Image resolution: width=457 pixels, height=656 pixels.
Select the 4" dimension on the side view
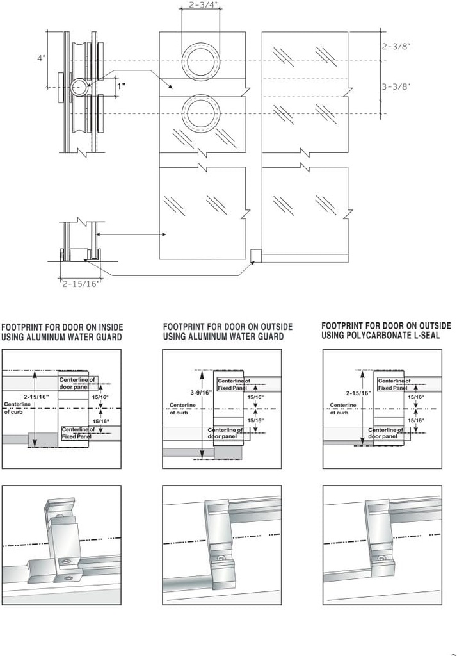click(x=41, y=58)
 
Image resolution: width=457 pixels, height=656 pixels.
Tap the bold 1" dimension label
click(x=121, y=86)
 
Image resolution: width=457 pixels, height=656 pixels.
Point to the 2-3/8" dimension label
click(x=396, y=46)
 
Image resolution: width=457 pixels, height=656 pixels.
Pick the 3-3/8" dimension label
click(x=396, y=86)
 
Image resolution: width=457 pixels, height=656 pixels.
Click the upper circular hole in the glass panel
click(x=201, y=61)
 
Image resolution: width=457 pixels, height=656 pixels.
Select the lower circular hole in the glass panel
click(x=201, y=113)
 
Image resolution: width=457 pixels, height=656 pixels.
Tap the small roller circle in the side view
click(x=79, y=87)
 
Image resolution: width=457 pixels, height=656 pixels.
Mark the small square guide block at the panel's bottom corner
click(x=255, y=256)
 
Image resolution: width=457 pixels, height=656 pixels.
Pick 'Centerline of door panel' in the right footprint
click(x=392, y=432)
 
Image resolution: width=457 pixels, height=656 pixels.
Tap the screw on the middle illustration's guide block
click(x=221, y=558)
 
